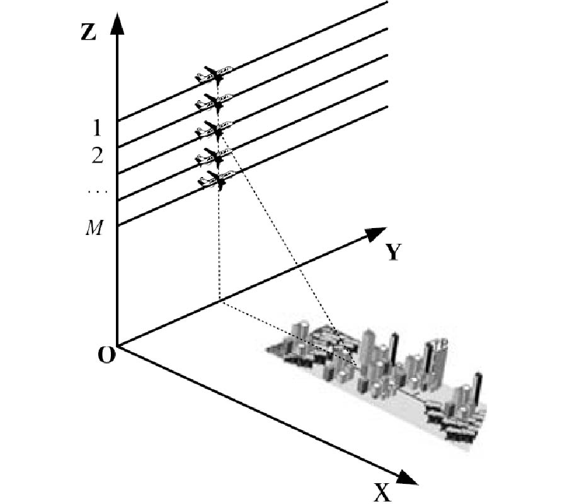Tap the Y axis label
[394, 252]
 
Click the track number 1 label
[96, 129]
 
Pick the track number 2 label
[96, 156]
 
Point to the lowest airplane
[213, 181]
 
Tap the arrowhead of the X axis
[408, 478]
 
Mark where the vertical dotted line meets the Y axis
[219, 301]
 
